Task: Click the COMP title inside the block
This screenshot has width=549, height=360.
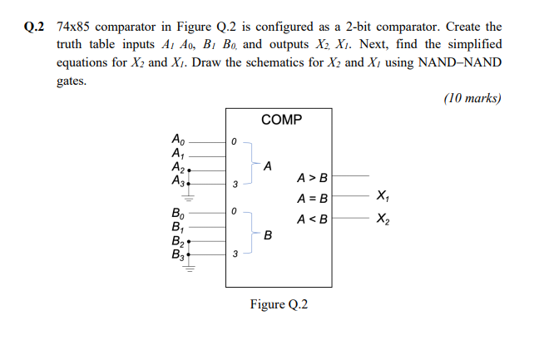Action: [282, 121]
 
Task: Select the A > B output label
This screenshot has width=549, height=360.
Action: [313, 177]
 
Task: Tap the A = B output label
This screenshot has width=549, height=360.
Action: [313, 199]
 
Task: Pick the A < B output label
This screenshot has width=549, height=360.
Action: [313, 219]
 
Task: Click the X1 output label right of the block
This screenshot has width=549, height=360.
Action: [382, 197]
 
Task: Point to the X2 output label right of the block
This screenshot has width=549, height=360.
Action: [382, 219]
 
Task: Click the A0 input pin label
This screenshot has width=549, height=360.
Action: [176, 139]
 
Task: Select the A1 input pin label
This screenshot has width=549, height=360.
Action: [176, 152]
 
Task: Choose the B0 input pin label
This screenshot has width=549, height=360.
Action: [176, 213]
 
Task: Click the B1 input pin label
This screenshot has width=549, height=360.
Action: [176, 226]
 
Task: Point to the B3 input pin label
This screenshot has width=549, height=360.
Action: [176, 255]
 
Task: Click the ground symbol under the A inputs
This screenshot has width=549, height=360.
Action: [190, 199]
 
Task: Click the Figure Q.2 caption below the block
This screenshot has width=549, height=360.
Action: [279, 303]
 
